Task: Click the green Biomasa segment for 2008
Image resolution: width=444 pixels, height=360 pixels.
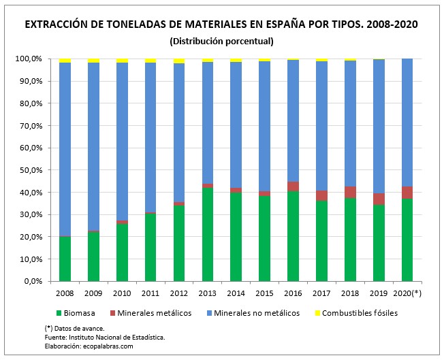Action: click(65, 259)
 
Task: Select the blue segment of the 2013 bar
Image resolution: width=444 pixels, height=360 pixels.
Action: click(208, 122)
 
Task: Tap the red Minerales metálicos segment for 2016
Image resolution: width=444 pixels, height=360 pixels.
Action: click(294, 186)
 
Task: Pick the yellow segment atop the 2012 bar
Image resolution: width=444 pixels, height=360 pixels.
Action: click(179, 61)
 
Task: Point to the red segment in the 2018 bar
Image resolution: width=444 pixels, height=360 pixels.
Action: click(351, 192)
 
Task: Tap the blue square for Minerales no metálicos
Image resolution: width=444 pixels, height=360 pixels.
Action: click(210, 313)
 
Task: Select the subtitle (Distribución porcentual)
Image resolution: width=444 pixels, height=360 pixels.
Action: click(221, 41)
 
